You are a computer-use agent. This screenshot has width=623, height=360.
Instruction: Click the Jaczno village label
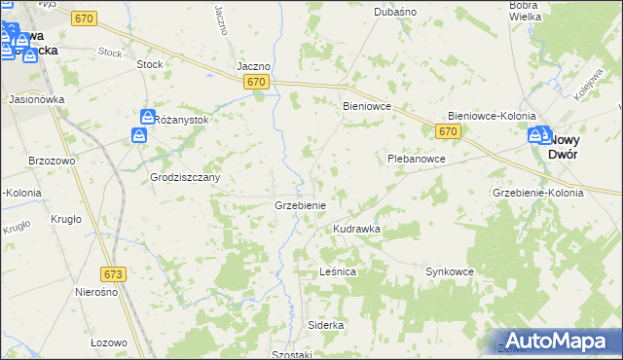(253, 66)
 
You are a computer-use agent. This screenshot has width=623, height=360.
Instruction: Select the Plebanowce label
(416, 158)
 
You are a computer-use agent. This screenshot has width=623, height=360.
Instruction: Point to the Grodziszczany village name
(185, 178)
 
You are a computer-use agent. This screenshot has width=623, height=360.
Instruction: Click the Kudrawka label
(356, 229)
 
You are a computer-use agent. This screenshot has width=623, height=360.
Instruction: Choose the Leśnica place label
(338, 271)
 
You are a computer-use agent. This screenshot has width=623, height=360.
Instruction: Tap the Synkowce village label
(449, 271)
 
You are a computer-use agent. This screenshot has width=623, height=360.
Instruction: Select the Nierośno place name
(96, 292)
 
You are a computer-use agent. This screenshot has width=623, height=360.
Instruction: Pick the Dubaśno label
(395, 12)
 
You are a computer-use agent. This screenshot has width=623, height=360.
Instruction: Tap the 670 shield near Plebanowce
(448, 131)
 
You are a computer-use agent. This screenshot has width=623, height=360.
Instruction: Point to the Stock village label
(150, 64)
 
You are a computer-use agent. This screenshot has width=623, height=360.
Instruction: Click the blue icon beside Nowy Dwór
(536, 137)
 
